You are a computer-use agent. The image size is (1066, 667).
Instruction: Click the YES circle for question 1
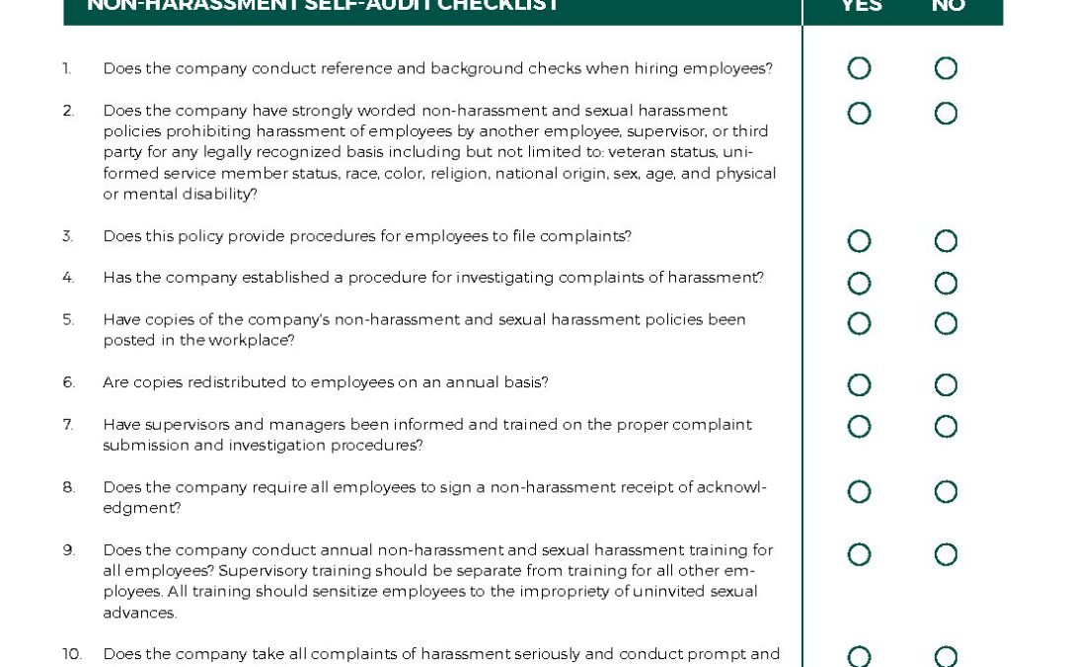[859, 68]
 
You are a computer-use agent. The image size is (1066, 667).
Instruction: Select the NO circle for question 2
[946, 114]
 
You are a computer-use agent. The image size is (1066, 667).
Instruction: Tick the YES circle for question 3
[859, 241]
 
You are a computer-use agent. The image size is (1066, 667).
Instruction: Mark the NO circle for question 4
[946, 284]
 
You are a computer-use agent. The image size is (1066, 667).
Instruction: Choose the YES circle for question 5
[859, 324]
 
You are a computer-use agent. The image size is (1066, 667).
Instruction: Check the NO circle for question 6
[946, 384]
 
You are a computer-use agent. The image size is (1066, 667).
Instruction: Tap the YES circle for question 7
[859, 427]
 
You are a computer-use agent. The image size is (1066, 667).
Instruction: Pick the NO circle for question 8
[946, 492]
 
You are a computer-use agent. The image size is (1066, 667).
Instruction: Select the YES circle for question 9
[859, 554]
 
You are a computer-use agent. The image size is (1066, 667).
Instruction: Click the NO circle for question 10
[946, 657]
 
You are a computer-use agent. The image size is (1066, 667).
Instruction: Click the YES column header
[861, 6]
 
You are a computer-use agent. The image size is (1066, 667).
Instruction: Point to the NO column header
[948, 6]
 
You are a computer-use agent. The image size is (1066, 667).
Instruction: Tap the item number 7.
[68, 425]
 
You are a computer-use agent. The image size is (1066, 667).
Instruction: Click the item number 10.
[72, 654]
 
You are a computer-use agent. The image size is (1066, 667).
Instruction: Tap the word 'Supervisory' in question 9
[263, 571]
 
